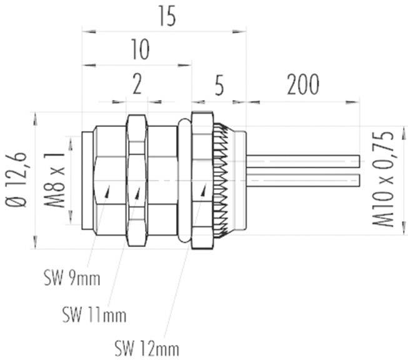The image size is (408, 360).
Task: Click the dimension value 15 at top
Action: tap(166, 17)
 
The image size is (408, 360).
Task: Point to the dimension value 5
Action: tap(219, 87)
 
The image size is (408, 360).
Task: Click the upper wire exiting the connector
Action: tap(303, 157)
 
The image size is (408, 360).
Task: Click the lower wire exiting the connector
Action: tap(303, 181)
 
